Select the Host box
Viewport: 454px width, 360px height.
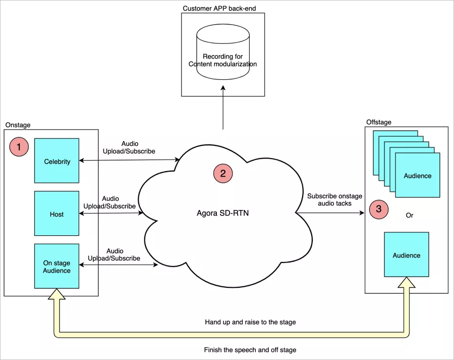[56, 214]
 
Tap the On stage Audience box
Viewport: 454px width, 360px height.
[56, 266]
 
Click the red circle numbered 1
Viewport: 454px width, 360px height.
[19, 147]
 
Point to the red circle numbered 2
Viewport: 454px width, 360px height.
[222, 173]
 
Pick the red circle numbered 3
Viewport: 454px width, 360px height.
[379, 209]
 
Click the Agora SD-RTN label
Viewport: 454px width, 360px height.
[222, 213]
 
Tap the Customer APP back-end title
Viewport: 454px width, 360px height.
[222, 9]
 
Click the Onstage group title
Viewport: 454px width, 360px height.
[18, 125]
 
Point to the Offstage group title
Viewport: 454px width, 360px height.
[378, 122]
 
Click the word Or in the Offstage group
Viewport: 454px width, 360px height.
[410, 216]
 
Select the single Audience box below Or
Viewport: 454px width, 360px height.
[406, 254]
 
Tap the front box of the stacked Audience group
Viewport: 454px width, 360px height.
[417, 175]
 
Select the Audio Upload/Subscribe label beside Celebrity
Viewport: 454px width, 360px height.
[129, 147]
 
